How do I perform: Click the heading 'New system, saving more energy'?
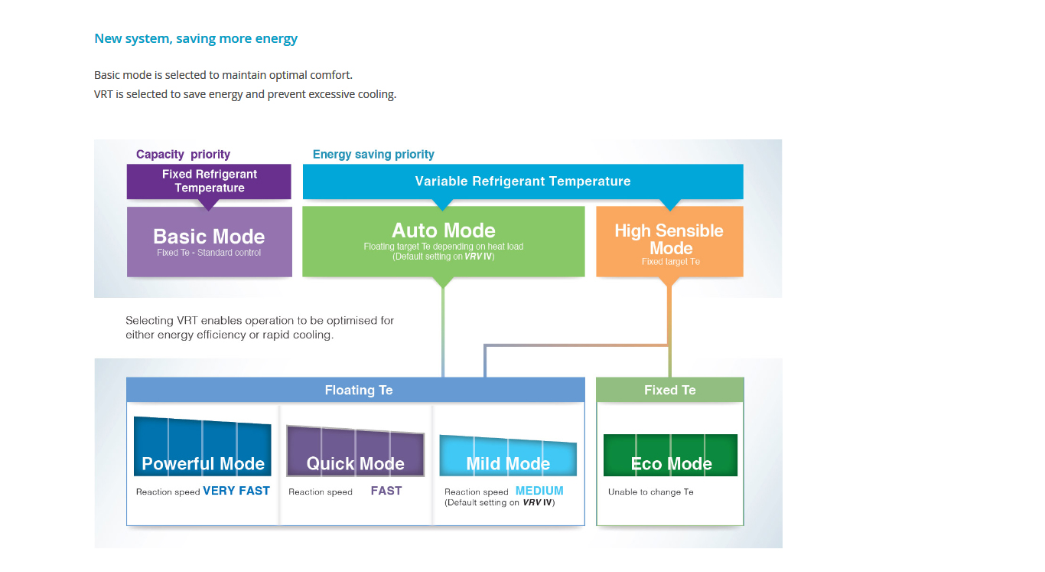(196, 38)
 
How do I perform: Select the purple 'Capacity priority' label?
(183, 154)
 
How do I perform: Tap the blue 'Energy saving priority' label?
(373, 154)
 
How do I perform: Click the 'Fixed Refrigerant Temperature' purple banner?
(209, 181)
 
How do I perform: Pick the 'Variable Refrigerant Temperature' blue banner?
(522, 181)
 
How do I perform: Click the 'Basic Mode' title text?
(209, 236)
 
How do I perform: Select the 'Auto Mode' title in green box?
(444, 230)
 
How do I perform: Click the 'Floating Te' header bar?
(359, 390)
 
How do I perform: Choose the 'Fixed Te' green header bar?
(669, 390)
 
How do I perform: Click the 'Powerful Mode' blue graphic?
(203, 448)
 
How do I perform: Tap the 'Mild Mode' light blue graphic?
(508, 456)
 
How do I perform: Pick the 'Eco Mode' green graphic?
(670, 456)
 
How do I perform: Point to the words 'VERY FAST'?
(236, 491)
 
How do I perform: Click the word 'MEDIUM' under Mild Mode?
(539, 491)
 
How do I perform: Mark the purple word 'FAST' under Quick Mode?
(386, 491)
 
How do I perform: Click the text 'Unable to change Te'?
(650, 492)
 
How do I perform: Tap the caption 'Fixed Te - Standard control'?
(209, 253)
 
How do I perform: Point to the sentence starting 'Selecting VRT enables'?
(260, 328)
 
